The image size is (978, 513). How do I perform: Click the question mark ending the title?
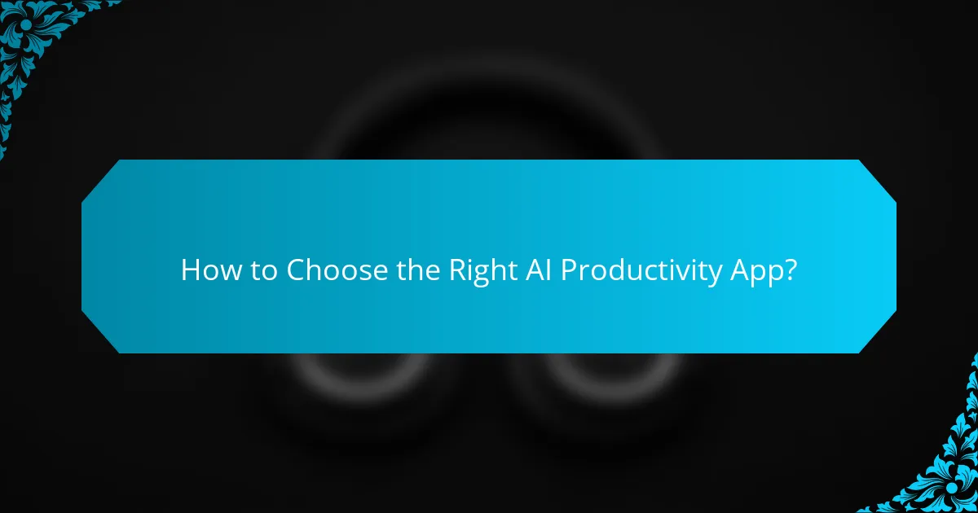click(790, 270)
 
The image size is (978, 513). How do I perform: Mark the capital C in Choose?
click(295, 270)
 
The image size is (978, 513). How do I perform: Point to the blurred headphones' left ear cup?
click(342, 383)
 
